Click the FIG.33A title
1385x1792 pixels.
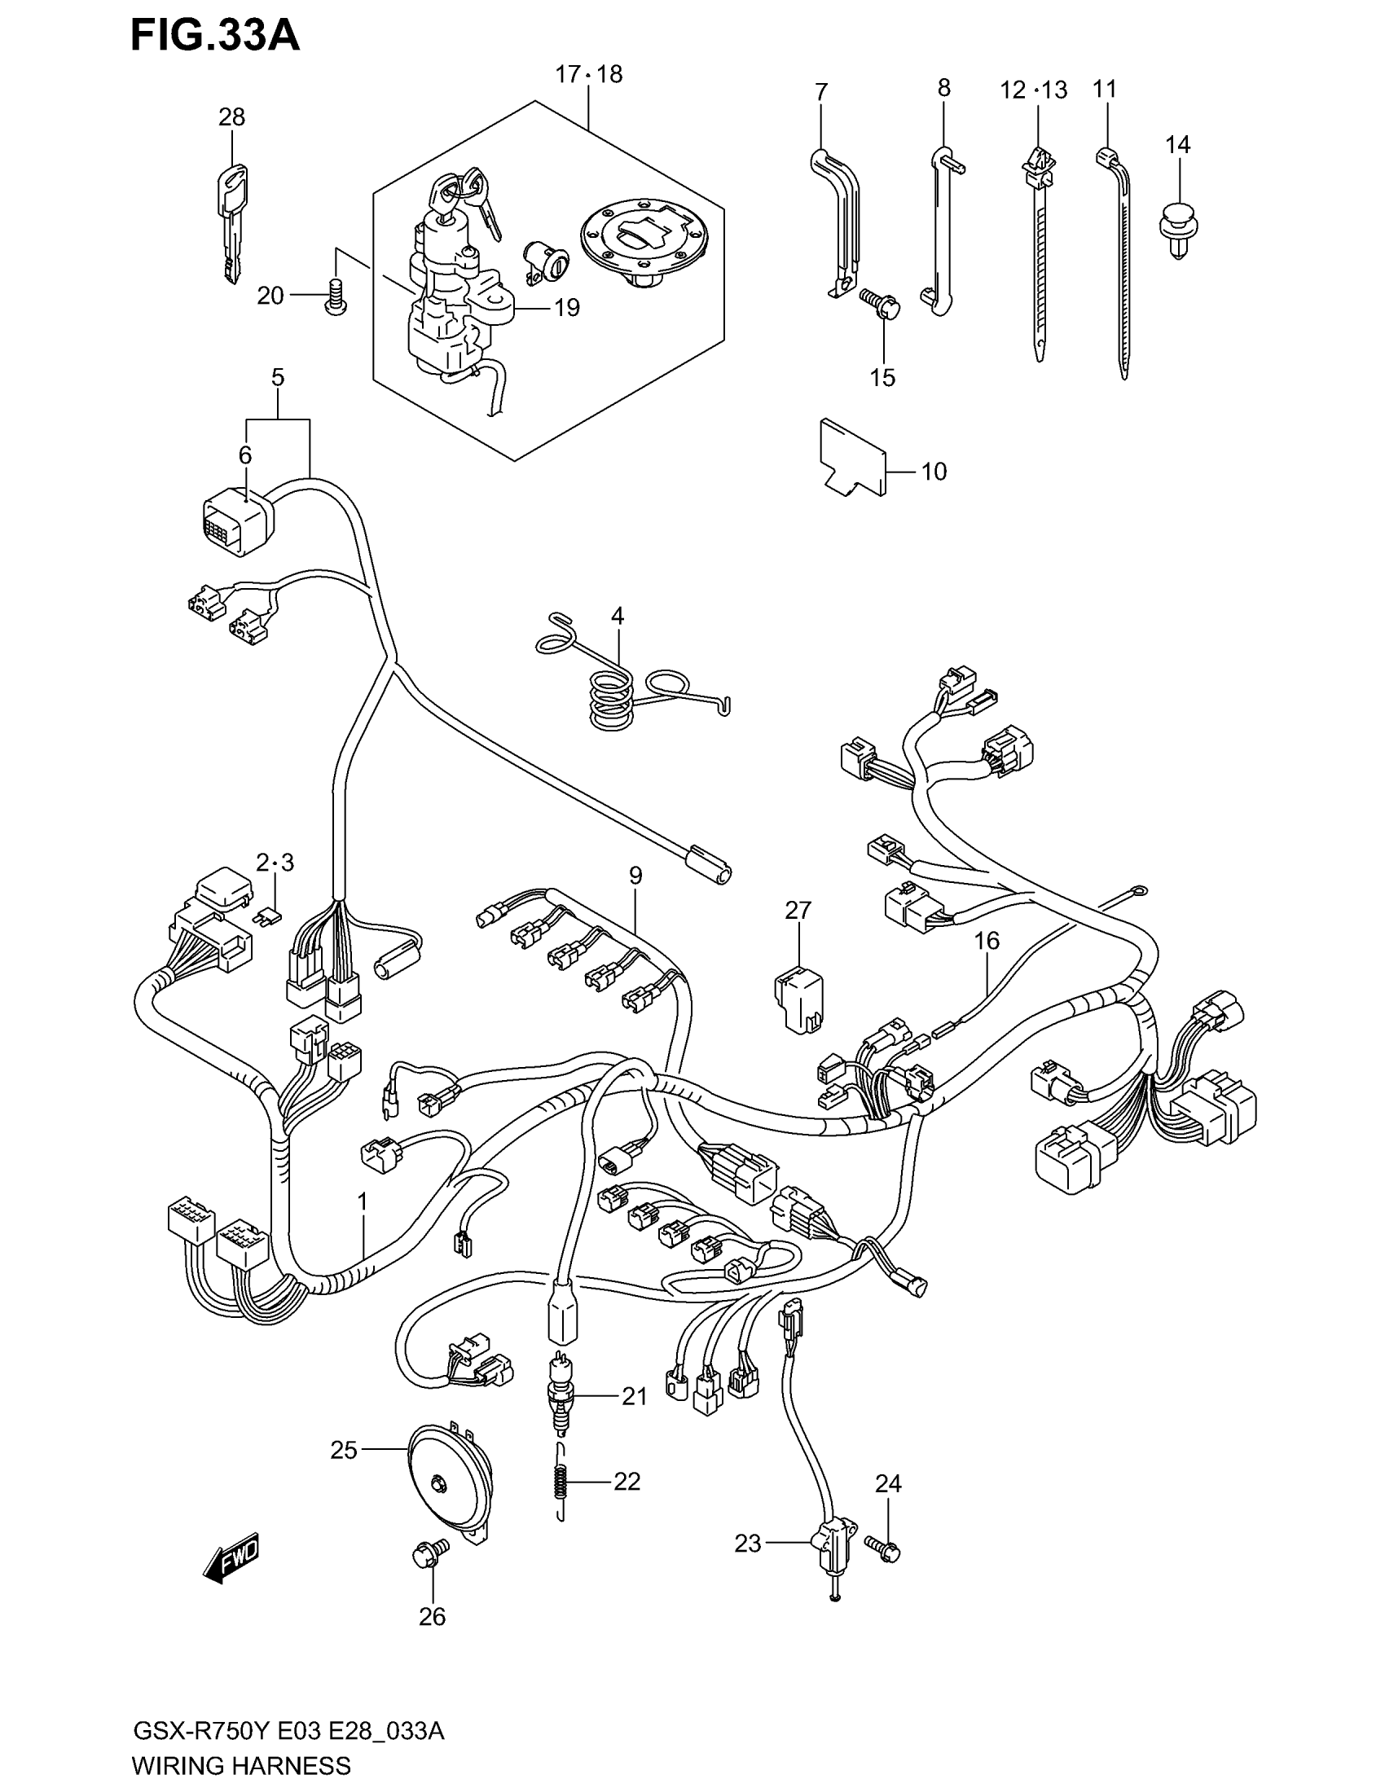pos(215,37)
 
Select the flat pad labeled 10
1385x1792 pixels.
pos(853,457)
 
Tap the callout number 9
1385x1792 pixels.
pos(636,876)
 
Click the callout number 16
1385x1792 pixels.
pos(987,940)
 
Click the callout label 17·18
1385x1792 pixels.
pos(588,75)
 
